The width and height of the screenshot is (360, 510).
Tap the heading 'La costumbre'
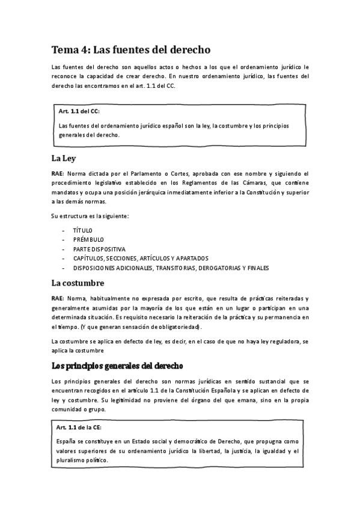tap(78, 283)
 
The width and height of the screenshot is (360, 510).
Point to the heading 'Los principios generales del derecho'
tap(117, 365)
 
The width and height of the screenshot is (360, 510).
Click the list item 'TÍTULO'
tap(83, 230)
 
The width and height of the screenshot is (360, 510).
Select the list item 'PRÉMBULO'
tap(88, 239)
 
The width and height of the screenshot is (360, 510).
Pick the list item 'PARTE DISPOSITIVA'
tap(99, 248)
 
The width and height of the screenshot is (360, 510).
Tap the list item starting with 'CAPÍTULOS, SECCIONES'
tap(141, 258)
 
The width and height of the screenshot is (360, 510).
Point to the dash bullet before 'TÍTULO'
tap(63, 230)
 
